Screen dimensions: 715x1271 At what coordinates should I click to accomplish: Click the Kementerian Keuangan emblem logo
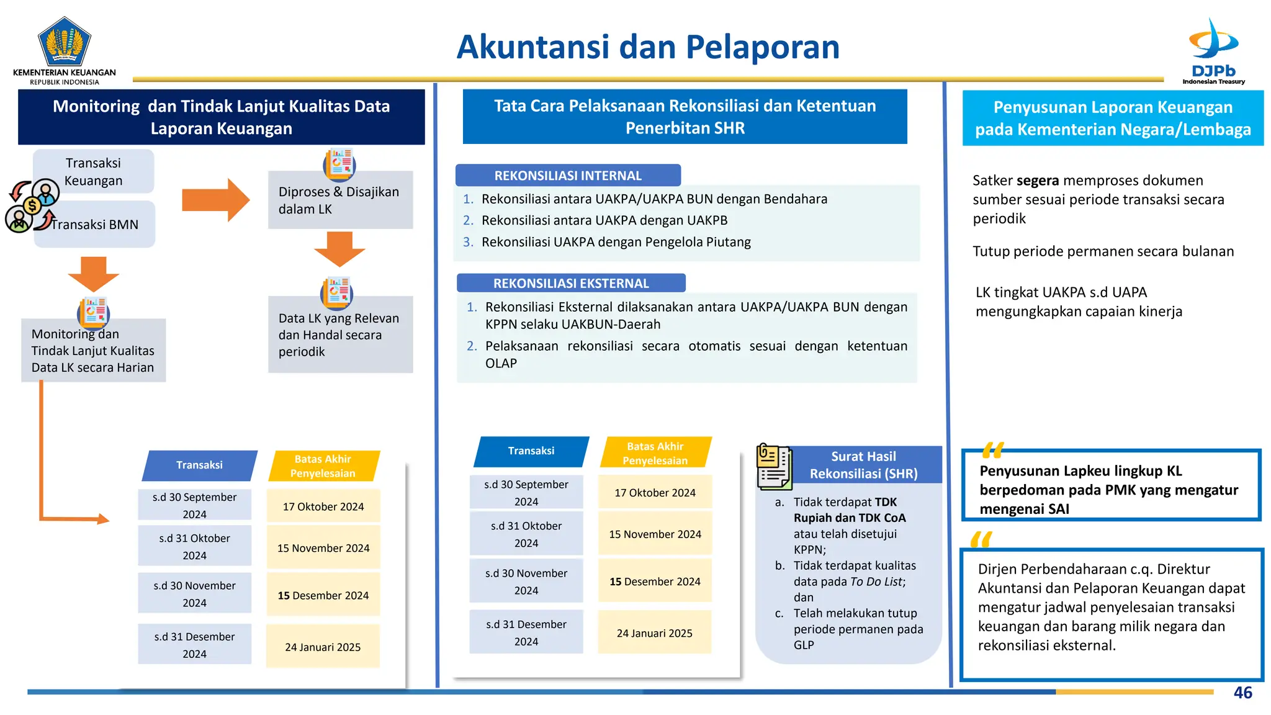click(x=65, y=41)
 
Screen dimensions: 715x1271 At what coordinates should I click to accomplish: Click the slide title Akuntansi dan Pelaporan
click(x=647, y=47)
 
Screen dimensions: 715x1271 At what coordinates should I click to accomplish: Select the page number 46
click(x=1242, y=693)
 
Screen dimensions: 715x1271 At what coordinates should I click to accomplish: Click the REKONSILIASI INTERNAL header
click(x=568, y=176)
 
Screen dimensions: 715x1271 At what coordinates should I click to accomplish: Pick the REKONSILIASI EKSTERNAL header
click(x=571, y=284)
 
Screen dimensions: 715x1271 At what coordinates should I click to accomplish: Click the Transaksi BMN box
click(x=95, y=225)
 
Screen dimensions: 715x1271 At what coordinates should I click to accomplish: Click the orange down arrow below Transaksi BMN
click(x=93, y=273)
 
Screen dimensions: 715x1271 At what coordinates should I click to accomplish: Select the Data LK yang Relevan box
click(x=340, y=335)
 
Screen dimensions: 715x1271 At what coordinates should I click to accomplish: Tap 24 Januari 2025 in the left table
click(x=323, y=647)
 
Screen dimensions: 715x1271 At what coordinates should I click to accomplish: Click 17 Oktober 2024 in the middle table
click(x=655, y=493)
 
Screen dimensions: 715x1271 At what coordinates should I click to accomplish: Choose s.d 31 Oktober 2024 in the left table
click(x=194, y=546)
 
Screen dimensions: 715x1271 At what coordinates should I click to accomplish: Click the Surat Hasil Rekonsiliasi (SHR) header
click(x=863, y=465)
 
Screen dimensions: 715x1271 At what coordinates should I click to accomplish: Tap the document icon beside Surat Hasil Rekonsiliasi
click(x=774, y=467)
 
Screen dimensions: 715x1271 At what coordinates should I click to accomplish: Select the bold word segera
click(x=1037, y=181)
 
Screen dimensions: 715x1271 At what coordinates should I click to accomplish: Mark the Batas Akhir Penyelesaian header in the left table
click(x=323, y=466)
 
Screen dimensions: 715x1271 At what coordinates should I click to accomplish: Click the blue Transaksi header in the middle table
click(x=531, y=451)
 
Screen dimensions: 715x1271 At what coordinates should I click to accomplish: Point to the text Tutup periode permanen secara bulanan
click(x=1103, y=251)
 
